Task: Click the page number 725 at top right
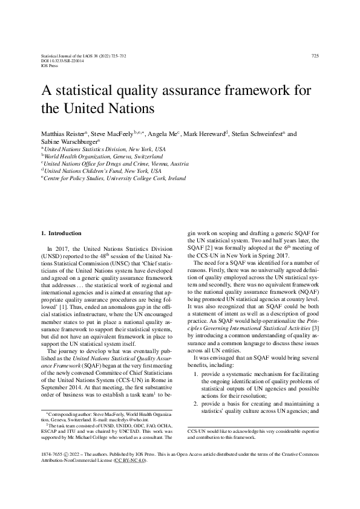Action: click(x=315, y=56)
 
